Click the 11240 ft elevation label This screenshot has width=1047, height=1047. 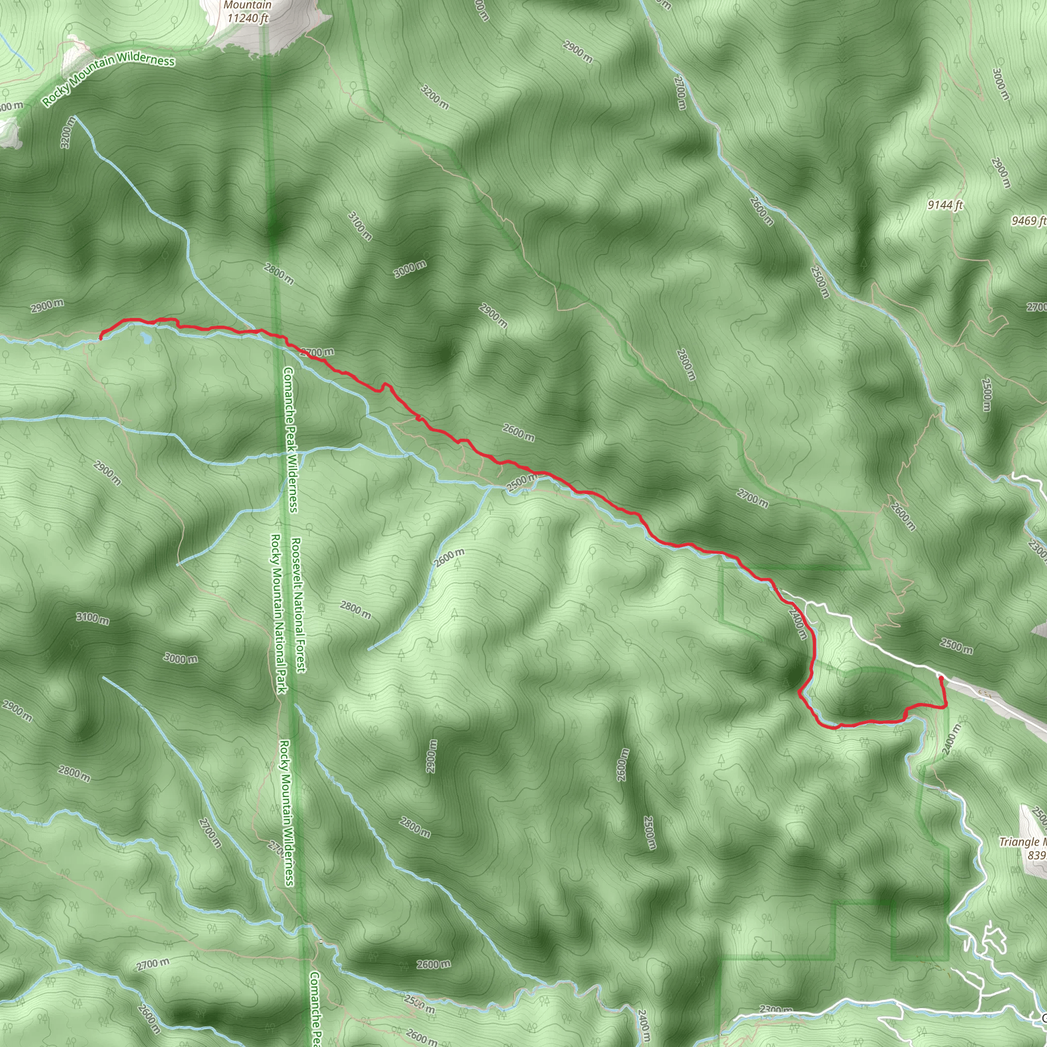247,18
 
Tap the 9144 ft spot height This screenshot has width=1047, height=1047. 945,205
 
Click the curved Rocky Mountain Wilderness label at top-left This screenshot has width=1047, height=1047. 108,79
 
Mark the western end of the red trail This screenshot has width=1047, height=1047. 101,339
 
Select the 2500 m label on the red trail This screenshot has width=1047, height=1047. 522,482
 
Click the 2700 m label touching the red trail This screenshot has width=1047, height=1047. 317,352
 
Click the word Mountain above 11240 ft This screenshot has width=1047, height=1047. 247,6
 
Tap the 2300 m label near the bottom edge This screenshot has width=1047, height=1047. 777,1010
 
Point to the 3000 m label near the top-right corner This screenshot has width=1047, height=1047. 1001,84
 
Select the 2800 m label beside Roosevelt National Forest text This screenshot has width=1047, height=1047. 355,610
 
